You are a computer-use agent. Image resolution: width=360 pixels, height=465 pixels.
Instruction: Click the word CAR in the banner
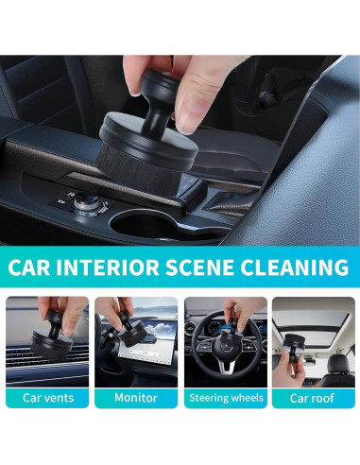(x=29, y=267)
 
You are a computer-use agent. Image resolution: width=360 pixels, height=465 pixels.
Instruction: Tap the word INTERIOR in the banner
(x=108, y=267)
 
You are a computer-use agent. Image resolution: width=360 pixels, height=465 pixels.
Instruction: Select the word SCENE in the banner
(x=199, y=267)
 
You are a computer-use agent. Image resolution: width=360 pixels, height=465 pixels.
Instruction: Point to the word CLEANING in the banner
(x=295, y=267)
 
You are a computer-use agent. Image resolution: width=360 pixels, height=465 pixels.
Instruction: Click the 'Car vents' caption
(x=48, y=398)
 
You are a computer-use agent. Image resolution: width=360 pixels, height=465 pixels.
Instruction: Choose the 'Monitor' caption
(x=136, y=398)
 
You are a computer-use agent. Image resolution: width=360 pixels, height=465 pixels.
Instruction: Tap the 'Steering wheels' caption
(x=226, y=398)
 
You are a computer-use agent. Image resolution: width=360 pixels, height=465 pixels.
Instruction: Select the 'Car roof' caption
(x=312, y=398)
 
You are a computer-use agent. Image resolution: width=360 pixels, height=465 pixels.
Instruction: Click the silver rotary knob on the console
(x=86, y=202)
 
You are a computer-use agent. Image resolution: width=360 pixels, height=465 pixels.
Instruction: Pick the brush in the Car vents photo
(x=51, y=336)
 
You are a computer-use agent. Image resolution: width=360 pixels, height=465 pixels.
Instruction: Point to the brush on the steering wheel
(x=231, y=334)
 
